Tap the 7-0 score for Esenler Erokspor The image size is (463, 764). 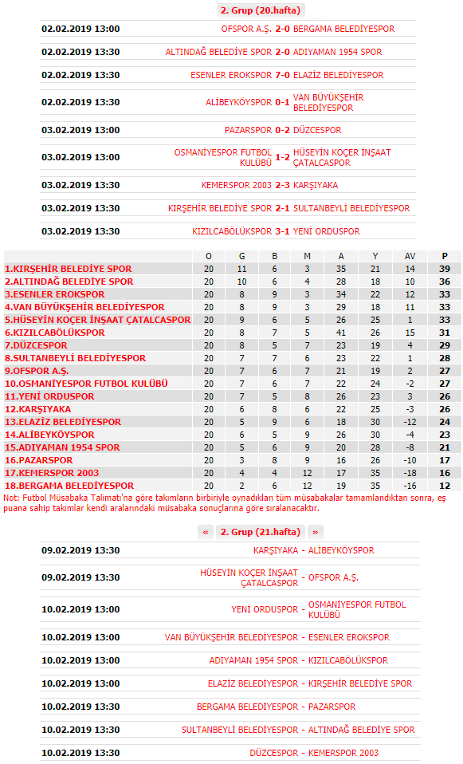[282, 75]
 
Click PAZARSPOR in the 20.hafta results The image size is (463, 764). [248, 130]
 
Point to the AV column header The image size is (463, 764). [410, 256]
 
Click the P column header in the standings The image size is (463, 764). [445, 256]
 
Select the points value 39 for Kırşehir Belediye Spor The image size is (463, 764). [445, 269]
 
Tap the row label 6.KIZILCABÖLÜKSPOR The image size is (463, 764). [55, 333]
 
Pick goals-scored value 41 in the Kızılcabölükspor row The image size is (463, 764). [341, 333]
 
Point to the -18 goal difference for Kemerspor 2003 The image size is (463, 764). [410, 473]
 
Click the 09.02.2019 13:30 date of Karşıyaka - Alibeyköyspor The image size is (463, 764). [80, 550]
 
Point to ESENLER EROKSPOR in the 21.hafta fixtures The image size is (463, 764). [348, 637]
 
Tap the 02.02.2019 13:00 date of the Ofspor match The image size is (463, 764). [80, 29]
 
